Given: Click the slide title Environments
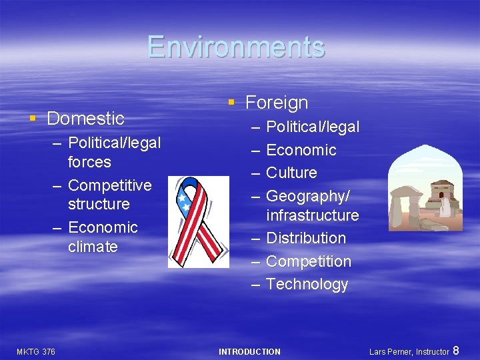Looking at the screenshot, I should [236, 47].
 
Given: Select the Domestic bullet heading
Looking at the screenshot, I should [85, 119].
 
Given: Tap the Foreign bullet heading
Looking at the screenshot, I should [277, 103].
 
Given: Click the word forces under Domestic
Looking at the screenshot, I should [89, 162].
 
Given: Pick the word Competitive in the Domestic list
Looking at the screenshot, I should [109, 185].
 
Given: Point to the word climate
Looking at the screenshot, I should [93, 247].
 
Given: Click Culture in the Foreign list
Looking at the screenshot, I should [291, 173].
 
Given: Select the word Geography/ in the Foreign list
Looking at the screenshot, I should [308, 196].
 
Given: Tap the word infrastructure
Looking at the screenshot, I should [312, 215].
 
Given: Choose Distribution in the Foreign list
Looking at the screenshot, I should [305, 238].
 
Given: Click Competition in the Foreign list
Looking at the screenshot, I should [308, 261].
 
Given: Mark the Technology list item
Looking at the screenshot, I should [307, 284].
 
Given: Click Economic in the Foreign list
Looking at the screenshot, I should [301, 150].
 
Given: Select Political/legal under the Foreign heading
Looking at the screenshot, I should [312, 127].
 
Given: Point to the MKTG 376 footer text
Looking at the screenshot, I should [36, 351].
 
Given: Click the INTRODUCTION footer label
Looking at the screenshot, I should [249, 351].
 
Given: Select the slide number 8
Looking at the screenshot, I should [456, 350].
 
